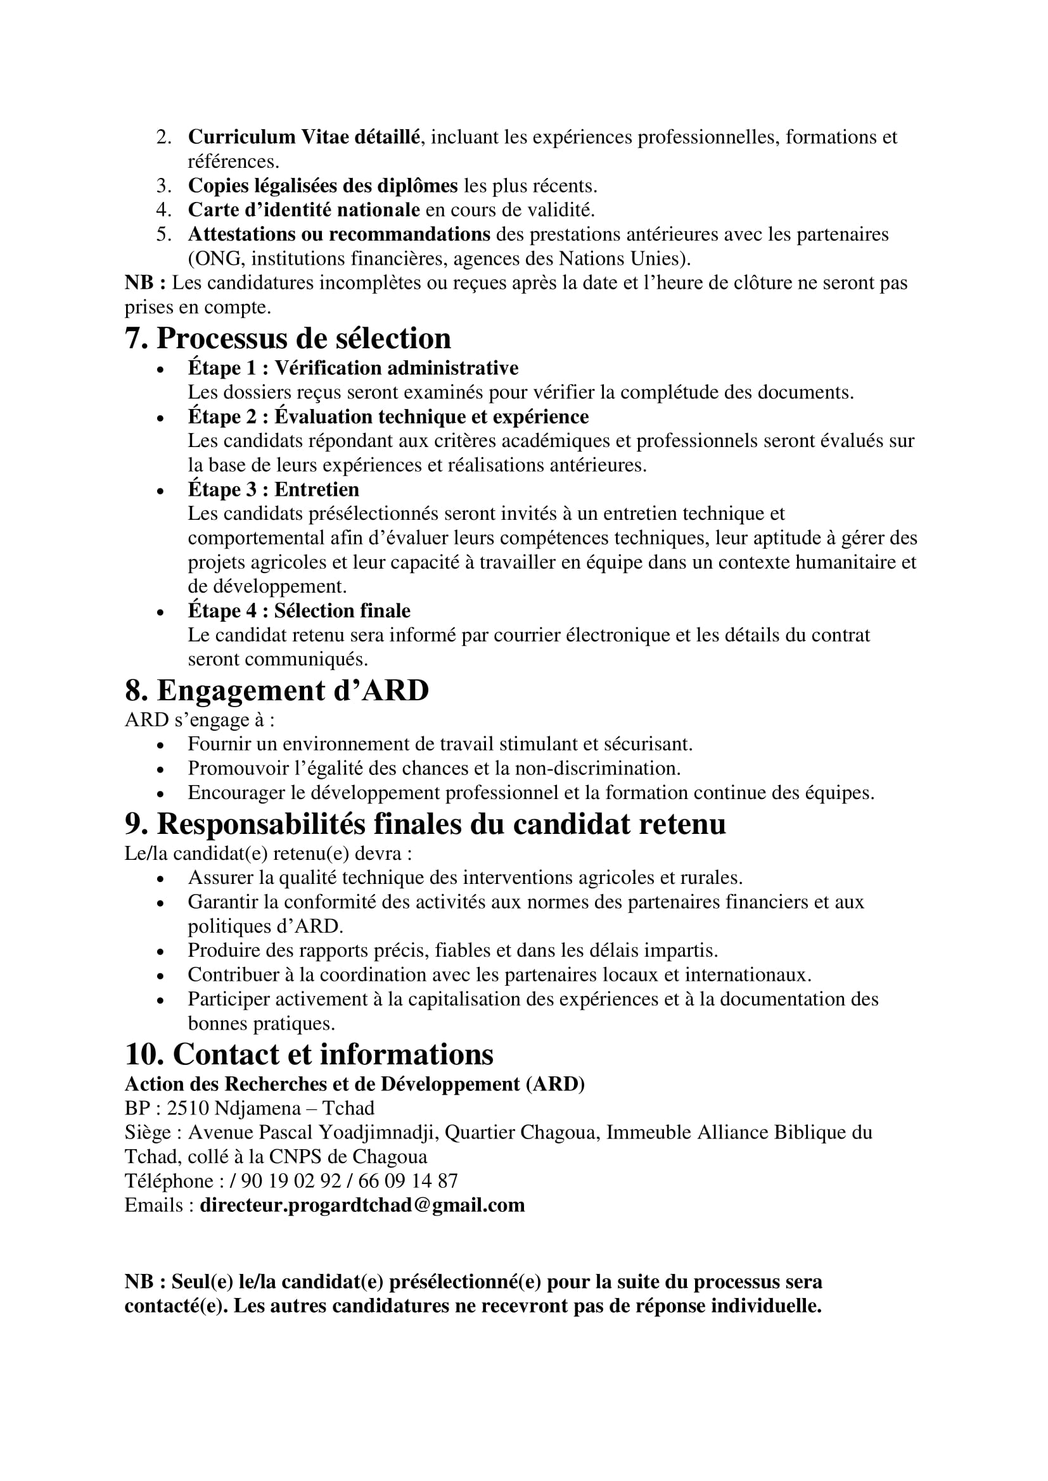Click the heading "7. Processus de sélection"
click(287, 339)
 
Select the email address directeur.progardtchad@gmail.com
click(362, 1205)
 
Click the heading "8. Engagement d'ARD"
click(276, 691)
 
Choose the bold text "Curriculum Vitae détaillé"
click(304, 137)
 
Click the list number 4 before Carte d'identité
click(163, 210)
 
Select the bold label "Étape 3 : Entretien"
click(273, 489)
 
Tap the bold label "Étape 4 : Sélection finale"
click(299, 610)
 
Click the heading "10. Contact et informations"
click(309, 1055)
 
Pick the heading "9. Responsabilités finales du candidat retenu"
click(425, 824)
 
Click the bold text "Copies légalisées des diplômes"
click(322, 186)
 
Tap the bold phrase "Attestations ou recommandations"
click(339, 234)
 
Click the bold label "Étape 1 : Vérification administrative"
click(353, 368)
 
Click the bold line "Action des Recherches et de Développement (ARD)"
click(354, 1083)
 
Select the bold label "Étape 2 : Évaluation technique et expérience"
click(388, 417)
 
